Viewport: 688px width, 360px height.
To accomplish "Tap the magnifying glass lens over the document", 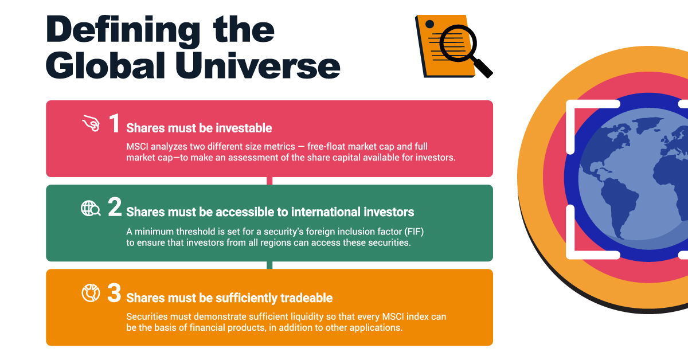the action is (458, 44).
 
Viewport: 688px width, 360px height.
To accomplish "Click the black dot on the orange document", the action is (429, 24).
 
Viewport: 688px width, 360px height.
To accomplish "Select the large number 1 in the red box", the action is (115, 123).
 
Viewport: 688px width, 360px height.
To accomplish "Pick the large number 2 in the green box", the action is (115, 207).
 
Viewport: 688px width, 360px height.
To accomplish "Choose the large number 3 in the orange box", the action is (114, 293).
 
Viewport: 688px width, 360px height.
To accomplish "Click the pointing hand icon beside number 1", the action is (91, 123).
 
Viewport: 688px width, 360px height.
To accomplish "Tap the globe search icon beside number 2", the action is (91, 208).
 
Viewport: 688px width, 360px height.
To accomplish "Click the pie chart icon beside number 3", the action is (91, 293).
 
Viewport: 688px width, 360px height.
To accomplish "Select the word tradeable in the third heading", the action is (307, 298).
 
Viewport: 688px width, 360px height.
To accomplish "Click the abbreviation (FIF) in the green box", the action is (414, 232).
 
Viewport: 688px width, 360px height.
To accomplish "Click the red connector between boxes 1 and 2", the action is (269, 181).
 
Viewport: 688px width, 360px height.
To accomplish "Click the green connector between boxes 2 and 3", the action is (269, 265).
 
